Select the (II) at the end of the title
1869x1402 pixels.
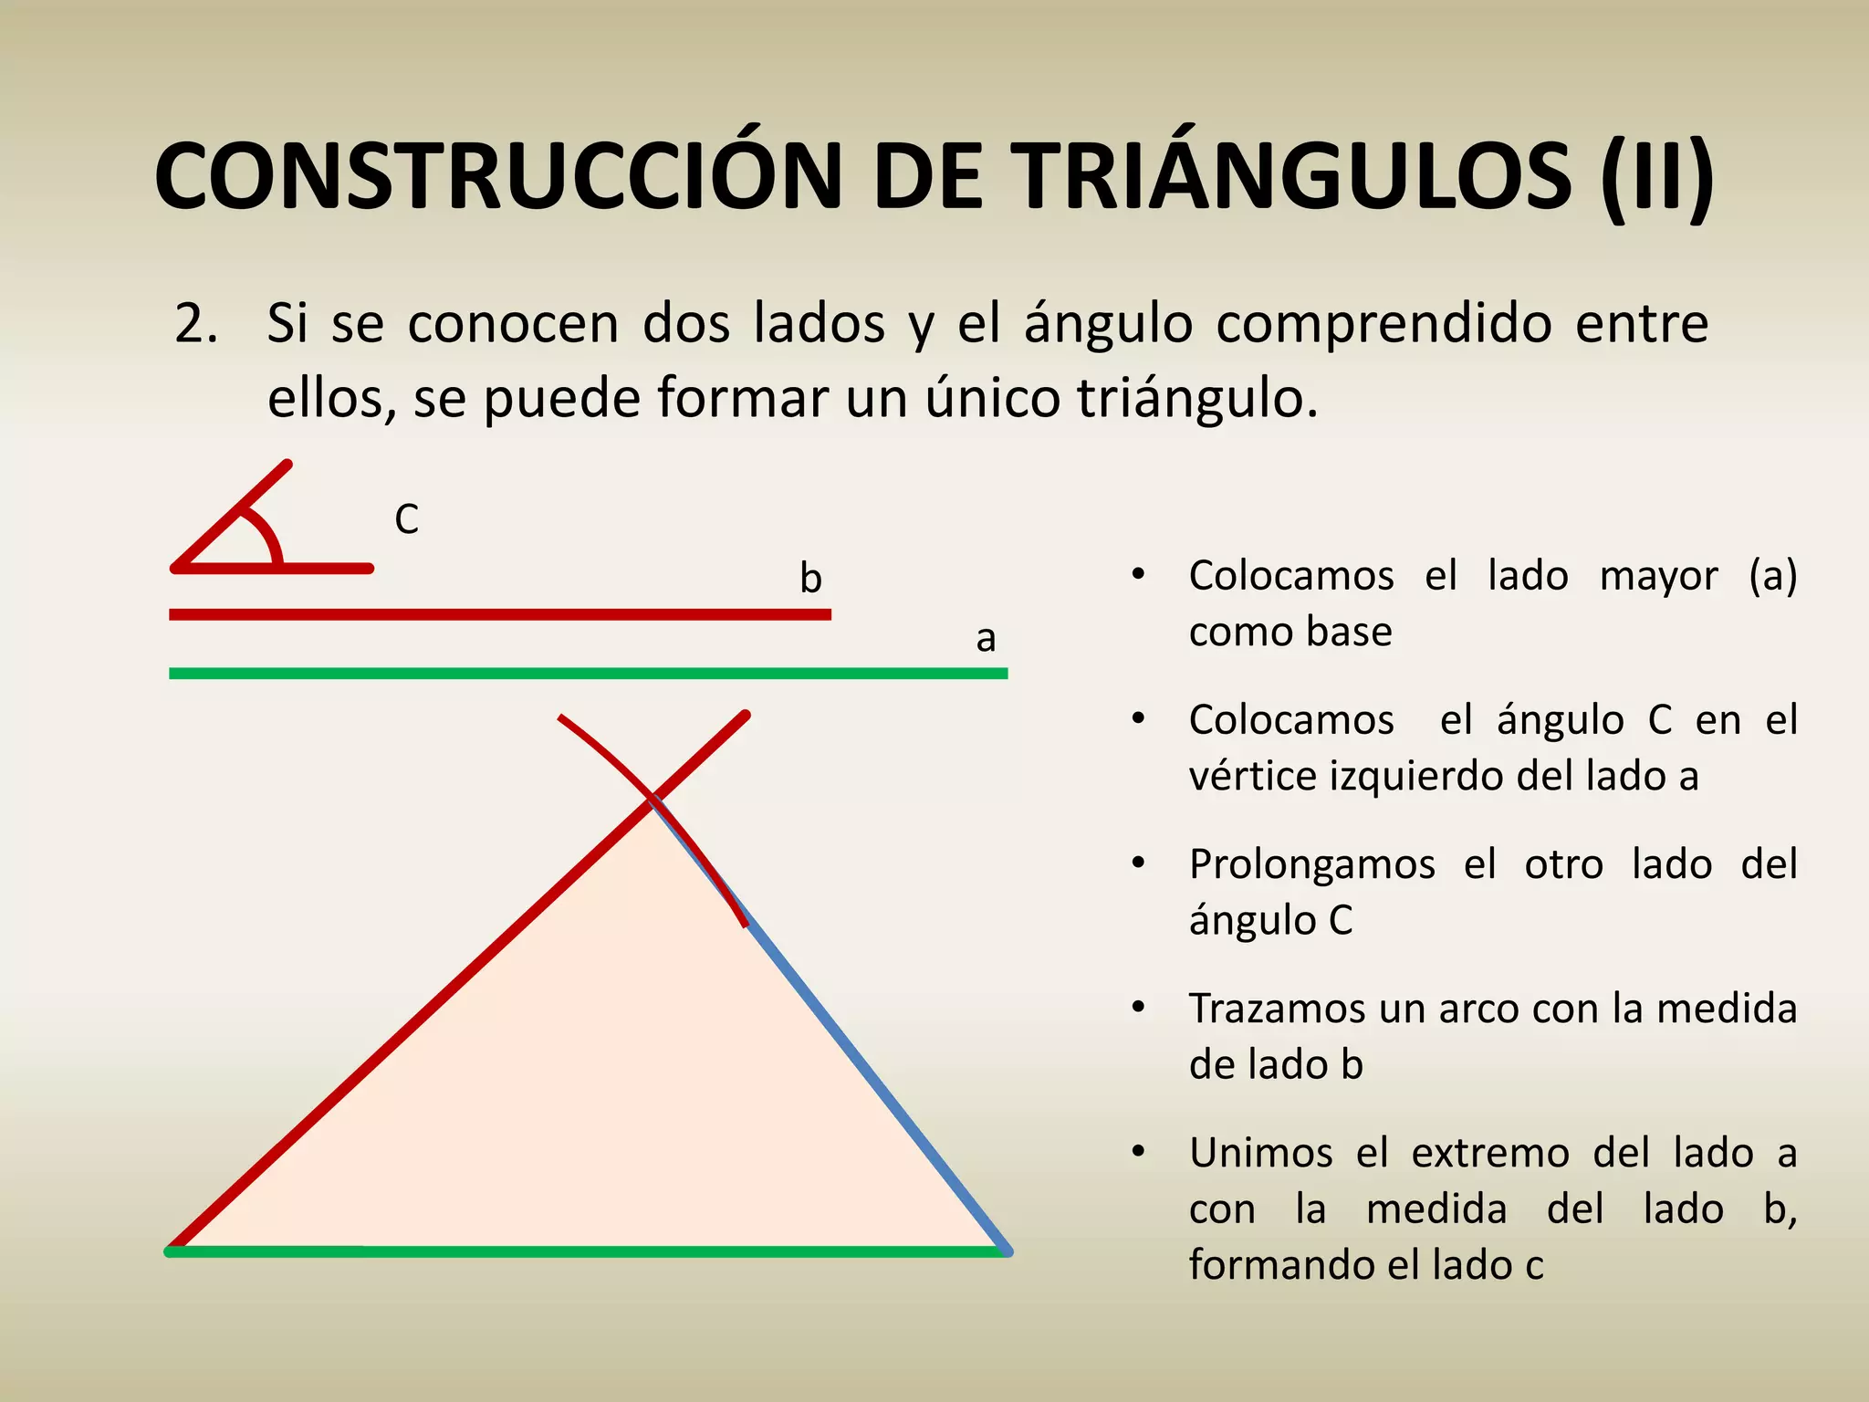[x=1657, y=176]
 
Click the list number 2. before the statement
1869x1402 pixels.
[x=196, y=324]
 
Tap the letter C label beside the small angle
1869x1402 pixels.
[x=406, y=520]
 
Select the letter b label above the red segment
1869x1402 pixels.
[x=810, y=579]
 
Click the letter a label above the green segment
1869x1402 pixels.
[x=986, y=638]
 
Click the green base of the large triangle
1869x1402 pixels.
[x=584, y=1251]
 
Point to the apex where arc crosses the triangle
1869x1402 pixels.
[x=653, y=800]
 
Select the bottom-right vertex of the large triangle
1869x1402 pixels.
[x=1006, y=1251]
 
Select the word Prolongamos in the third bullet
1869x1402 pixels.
[x=1311, y=864]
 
